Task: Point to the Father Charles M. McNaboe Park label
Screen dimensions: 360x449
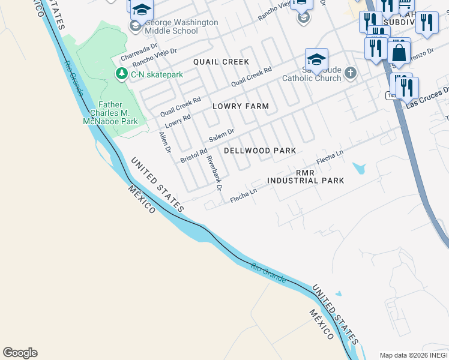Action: click(110, 113)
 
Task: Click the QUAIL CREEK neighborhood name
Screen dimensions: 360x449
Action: click(221, 62)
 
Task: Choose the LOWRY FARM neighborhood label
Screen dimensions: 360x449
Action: click(241, 106)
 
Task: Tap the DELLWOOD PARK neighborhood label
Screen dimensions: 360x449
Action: click(260, 151)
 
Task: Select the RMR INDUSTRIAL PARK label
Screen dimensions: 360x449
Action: click(306, 176)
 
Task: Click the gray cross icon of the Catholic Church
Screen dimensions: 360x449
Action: click(351, 73)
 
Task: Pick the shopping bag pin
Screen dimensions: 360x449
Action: click(399, 52)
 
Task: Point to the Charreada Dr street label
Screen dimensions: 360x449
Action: click(139, 51)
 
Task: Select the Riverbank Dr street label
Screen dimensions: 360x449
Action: click(214, 173)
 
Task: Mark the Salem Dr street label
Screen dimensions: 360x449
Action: click(221, 135)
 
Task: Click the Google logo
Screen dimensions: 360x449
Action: click(20, 353)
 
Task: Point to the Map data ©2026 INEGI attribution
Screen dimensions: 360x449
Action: click(414, 355)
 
